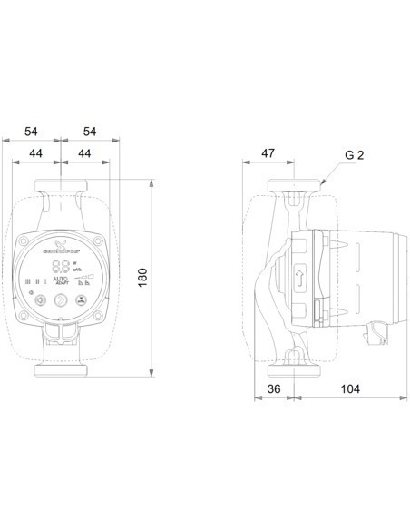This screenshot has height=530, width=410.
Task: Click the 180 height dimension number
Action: [142, 276]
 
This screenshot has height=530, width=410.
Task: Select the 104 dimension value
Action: [350, 389]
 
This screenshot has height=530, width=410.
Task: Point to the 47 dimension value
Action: [268, 154]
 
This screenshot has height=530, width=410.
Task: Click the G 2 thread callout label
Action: [356, 154]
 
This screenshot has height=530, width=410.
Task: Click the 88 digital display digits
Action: [63, 267]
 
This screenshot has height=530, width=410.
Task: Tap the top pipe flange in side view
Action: [295, 189]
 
